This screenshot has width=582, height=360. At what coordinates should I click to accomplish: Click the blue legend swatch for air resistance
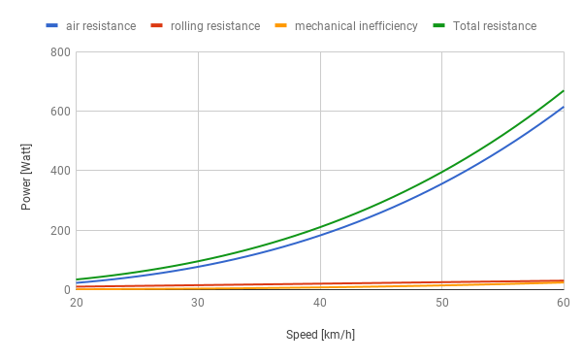[x=52, y=26]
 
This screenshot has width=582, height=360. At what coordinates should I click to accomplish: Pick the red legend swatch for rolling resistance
[x=157, y=26]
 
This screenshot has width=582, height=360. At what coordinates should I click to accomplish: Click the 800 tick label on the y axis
[x=60, y=51]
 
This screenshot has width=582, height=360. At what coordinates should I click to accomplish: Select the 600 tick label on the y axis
[x=60, y=112]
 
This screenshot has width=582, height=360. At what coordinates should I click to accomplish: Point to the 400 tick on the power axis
[x=60, y=171]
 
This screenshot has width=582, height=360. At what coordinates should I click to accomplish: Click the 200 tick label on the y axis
[x=60, y=231]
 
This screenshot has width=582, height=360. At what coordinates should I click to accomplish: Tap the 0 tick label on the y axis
[x=66, y=290]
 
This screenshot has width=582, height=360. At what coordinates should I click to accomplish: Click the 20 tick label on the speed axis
[x=77, y=304]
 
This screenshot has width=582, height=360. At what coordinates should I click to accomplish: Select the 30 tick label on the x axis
[x=198, y=304]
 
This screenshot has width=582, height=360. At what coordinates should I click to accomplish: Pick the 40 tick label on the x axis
[x=320, y=304]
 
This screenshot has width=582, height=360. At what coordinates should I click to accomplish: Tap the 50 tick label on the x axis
[x=441, y=304]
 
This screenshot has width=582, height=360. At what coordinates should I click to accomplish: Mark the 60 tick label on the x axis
[x=563, y=304]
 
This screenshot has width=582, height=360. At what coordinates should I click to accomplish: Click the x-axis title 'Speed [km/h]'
[x=320, y=335]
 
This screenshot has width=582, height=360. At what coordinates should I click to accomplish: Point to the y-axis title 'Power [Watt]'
[x=27, y=171]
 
